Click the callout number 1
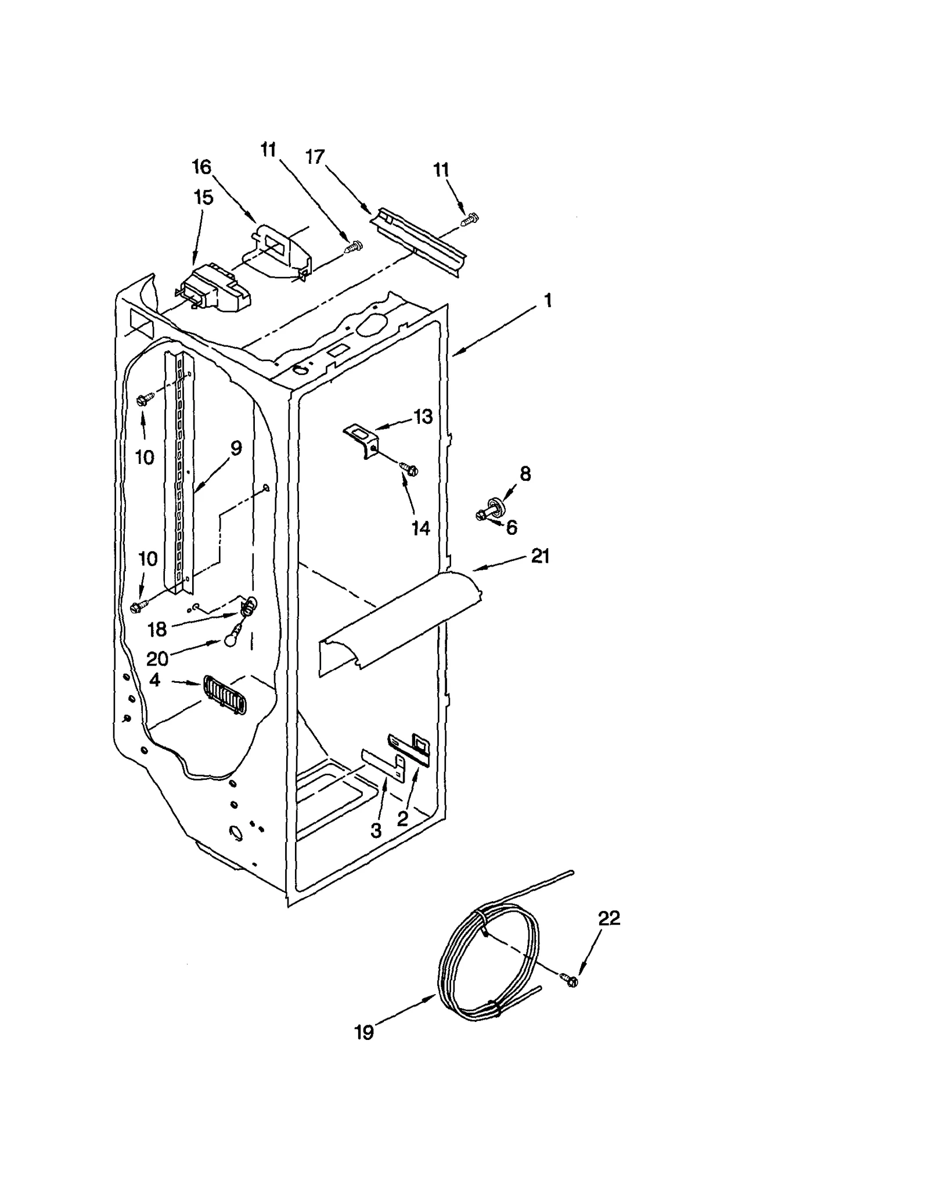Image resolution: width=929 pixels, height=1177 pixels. point(547,301)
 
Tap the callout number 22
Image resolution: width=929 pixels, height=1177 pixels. point(608,918)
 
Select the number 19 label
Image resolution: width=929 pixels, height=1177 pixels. point(364,1033)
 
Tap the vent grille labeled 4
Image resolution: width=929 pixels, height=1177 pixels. point(225,694)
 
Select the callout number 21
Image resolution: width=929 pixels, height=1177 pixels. point(540,556)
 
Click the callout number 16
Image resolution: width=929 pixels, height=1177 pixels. point(201,167)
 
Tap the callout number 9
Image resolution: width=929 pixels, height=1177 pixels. point(235,448)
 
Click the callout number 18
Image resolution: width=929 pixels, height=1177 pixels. point(157,629)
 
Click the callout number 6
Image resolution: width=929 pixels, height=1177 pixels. point(511,527)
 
